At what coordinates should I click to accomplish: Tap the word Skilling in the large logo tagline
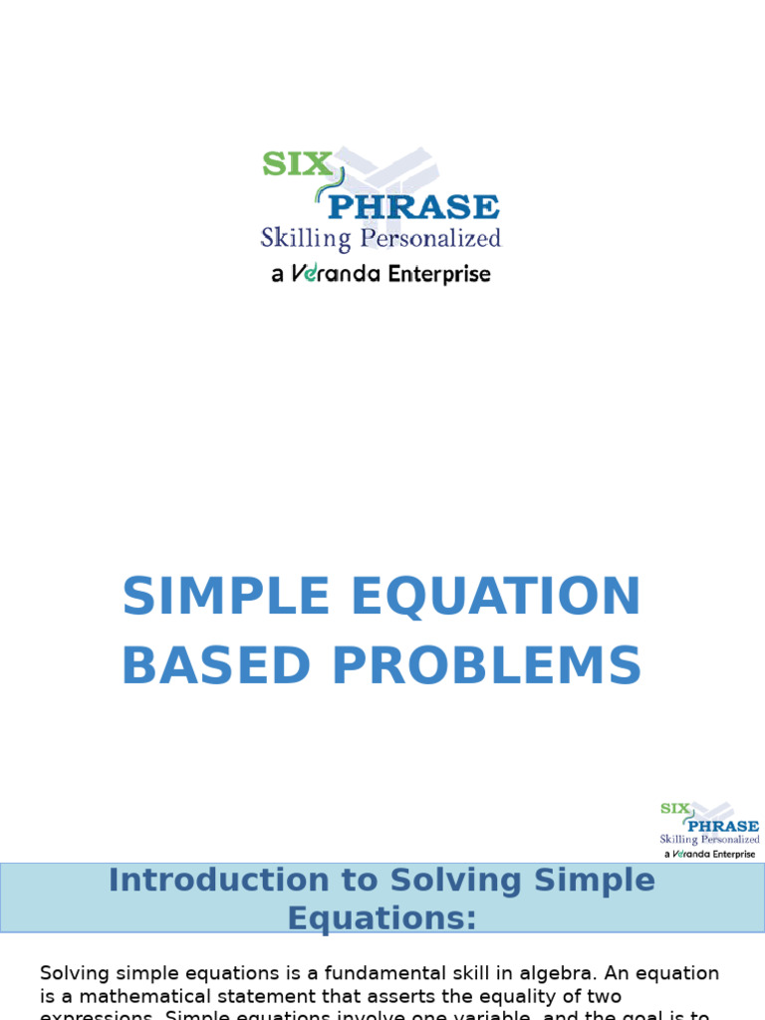click(x=306, y=239)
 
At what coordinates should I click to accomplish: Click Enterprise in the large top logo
click(x=438, y=274)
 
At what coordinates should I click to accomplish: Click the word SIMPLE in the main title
click(x=225, y=598)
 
